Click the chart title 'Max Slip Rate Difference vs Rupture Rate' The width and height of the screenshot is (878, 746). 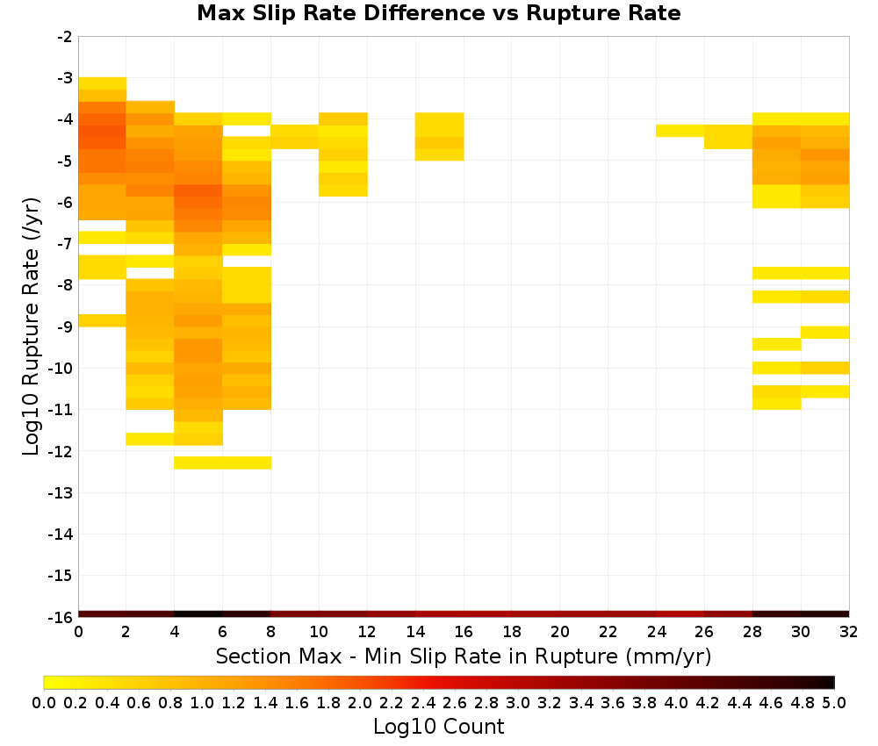(x=439, y=13)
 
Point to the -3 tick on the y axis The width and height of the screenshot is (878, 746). (x=65, y=78)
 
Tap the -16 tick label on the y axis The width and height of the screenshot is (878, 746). (x=61, y=617)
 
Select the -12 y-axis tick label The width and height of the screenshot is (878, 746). (x=61, y=451)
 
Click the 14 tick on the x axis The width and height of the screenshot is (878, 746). (x=415, y=632)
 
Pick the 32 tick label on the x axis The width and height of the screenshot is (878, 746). (x=849, y=632)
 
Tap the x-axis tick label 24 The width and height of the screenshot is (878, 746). (x=656, y=632)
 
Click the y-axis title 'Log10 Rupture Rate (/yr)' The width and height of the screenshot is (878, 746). (x=32, y=326)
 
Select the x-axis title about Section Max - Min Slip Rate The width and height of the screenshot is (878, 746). (x=464, y=656)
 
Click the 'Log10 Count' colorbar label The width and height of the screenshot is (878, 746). (x=439, y=727)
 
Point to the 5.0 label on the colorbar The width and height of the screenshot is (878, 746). (x=834, y=703)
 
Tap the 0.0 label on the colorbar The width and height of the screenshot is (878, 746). (x=44, y=703)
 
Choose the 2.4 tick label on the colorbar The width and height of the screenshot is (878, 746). (x=423, y=703)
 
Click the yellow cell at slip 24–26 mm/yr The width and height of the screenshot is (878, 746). (x=680, y=131)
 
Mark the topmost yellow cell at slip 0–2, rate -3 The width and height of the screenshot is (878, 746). (x=103, y=83)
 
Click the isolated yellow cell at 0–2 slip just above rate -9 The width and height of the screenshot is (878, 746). (x=103, y=320)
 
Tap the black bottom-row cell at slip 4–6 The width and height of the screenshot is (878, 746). (x=198, y=614)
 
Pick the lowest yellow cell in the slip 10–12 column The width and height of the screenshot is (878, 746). (x=343, y=190)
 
